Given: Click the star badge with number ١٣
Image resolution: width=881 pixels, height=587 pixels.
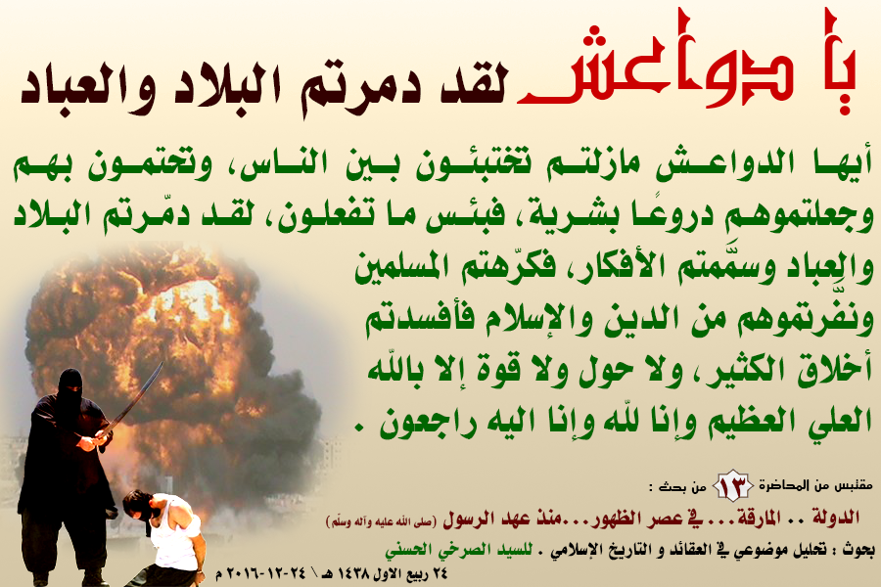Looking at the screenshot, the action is point(732,485).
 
